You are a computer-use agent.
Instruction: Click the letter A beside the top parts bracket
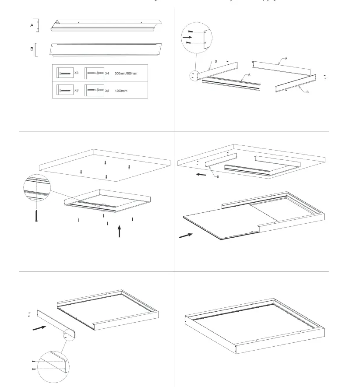tap(32, 26)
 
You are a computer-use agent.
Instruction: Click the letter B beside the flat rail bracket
tap(32, 49)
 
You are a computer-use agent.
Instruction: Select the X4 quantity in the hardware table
tap(107, 73)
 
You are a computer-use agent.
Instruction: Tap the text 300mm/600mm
tap(126, 73)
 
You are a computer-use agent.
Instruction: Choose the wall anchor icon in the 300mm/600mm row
tap(95, 73)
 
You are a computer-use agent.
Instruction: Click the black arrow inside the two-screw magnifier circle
tap(187, 38)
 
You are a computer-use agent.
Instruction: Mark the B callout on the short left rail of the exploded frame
tap(215, 61)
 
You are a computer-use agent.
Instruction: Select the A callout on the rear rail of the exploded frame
tap(286, 58)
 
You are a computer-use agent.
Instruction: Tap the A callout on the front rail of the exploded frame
tap(249, 75)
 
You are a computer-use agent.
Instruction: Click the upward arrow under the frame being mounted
tap(119, 231)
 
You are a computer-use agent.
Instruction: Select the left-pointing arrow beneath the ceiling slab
tap(201, 174)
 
